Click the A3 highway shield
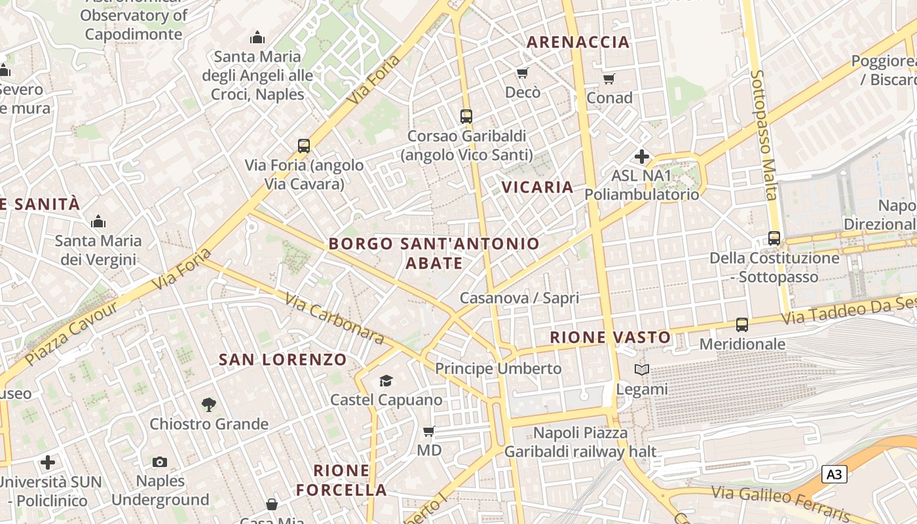click(x=834, y=474)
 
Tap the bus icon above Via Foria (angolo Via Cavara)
click(x=303, y=146)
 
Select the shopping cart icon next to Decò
click(x=522, y=73)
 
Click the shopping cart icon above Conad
click(x=608, y=79)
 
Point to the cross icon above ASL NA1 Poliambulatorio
click(x=641, y=157)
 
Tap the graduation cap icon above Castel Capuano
click(x=386, y=381)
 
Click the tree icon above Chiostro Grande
click(x=208, y=405)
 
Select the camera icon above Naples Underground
click(x=160, y=462)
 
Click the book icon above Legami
click(x=641, y=370)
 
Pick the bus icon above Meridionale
click(x=741, y=325)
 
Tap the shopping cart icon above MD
click(x=429, y=431)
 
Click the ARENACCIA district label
click(x=578, y=42)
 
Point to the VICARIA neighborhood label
click(x=537, y=187)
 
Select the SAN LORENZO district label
click(x=282, y=359)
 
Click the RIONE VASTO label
click(x=610, y=337)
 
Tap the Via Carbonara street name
click(x=334, y=318)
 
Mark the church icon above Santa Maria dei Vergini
click(x=98, y=221)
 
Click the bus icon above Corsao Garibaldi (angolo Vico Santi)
click(x=466, y=117)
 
